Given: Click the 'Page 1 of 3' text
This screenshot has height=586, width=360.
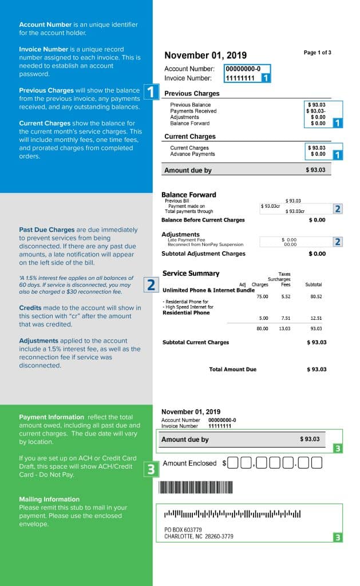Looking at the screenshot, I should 317,53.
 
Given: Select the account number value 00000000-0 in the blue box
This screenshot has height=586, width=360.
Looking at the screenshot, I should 243,69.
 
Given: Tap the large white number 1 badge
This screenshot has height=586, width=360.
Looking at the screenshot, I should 151,92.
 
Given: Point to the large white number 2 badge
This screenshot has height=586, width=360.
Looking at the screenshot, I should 151,284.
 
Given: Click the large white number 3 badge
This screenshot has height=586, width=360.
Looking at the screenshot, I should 151,470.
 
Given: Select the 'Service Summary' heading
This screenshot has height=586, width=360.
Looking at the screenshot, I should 191,274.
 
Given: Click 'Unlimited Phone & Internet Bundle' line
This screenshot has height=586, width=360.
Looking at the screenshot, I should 208,290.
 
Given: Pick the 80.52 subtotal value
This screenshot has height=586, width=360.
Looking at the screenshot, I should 316,297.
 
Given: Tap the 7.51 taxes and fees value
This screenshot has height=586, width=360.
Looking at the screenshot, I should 285,318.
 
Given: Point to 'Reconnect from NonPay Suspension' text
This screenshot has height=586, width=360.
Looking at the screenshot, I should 197,244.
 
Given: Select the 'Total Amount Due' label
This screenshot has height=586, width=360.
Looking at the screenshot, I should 232,370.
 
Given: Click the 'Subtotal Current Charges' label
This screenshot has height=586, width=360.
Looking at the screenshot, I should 196,342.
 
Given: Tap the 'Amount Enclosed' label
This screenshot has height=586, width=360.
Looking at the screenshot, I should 189,463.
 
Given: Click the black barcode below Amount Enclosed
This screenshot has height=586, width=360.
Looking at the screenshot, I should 196,487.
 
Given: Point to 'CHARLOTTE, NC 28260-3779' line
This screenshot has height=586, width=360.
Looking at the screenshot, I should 199,536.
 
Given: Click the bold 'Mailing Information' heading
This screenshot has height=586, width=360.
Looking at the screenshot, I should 49,499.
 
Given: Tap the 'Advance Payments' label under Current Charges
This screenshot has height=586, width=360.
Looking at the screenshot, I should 192,154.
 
